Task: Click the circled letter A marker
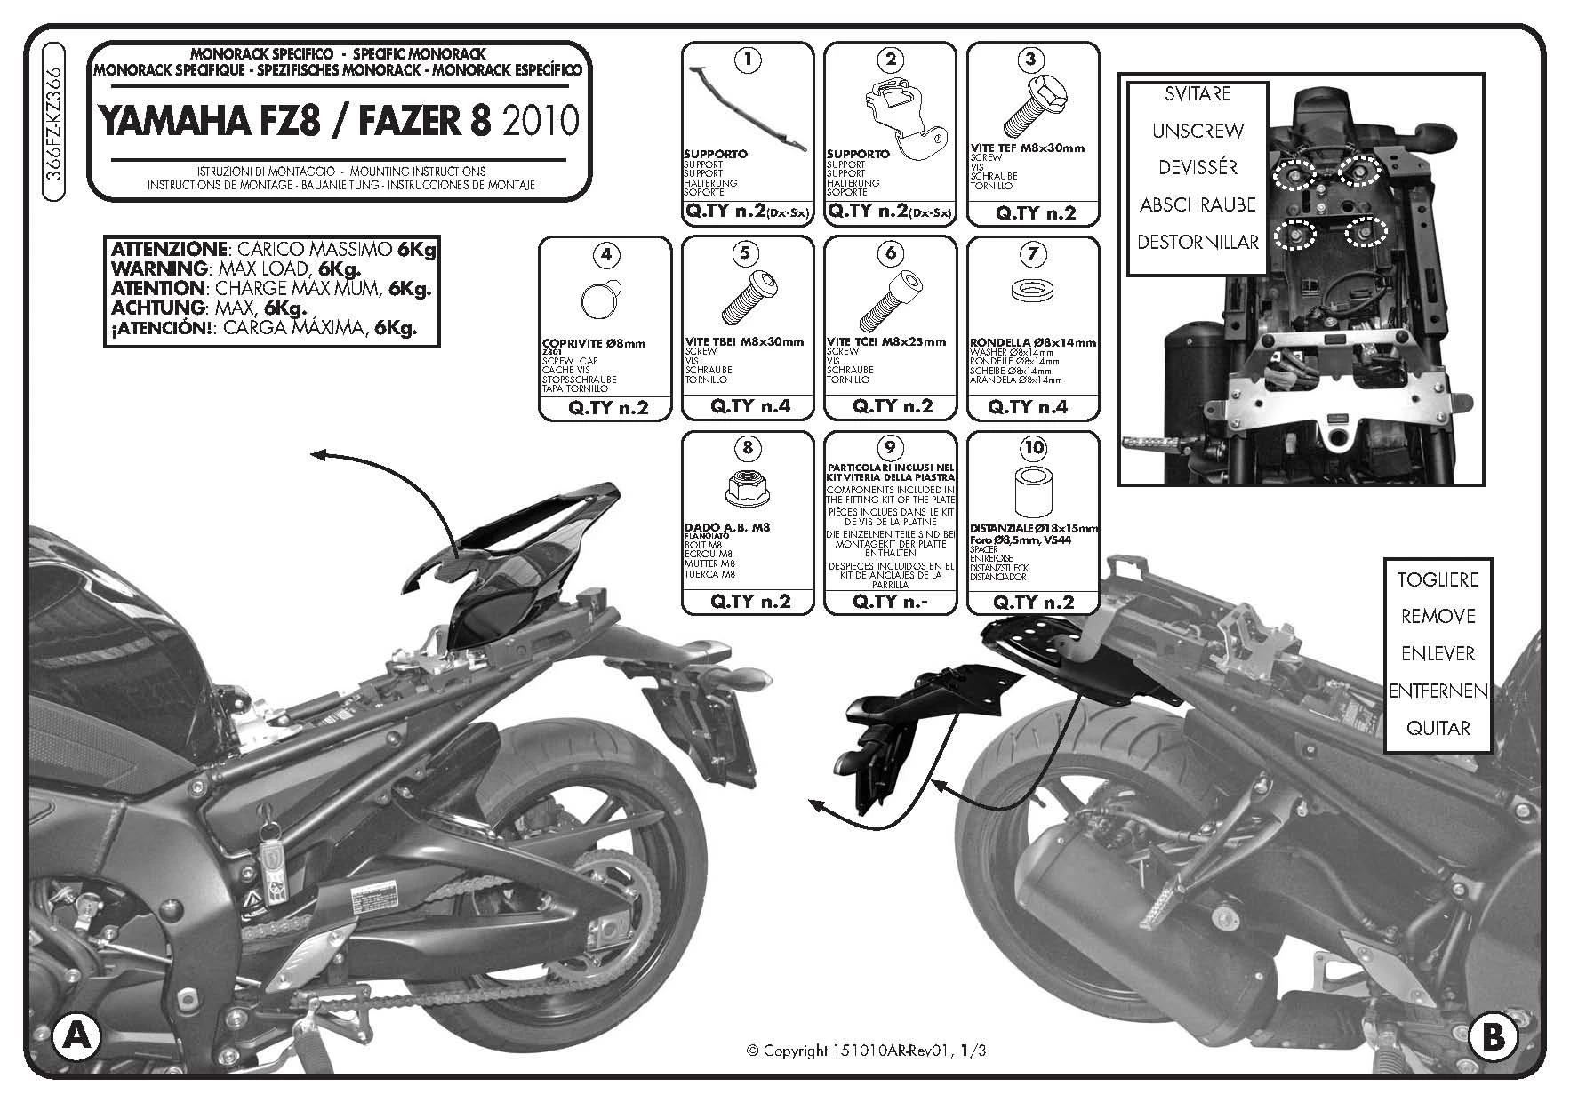76,1036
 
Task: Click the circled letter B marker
1494,1036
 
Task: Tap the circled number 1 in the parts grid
748,60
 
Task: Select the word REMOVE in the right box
1438,616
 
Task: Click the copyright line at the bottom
867,1051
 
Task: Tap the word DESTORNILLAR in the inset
1198,242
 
